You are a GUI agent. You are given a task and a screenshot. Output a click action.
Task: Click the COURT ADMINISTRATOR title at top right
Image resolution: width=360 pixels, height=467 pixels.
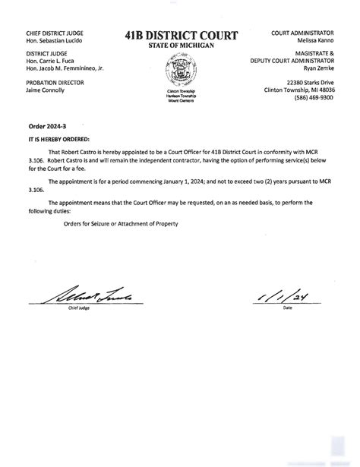click(302, 33)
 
